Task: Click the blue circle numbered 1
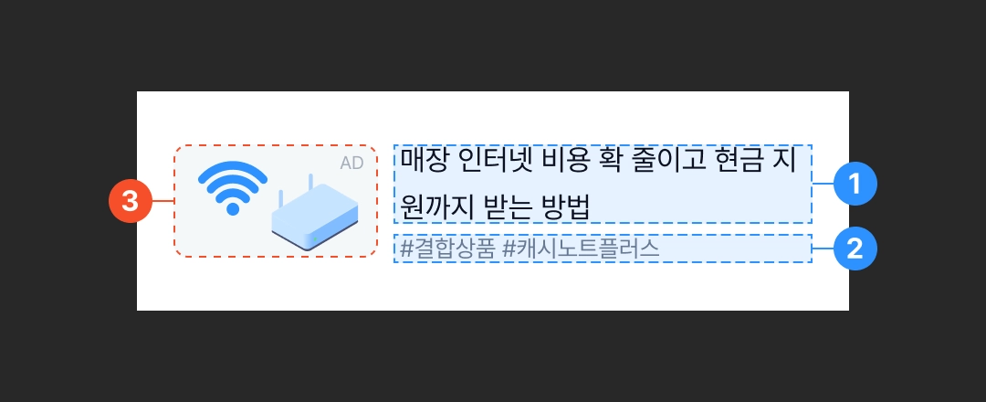[855, 184]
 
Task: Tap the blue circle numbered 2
[855, 249]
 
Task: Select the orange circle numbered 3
[130, 201]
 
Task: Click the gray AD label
[351, 163]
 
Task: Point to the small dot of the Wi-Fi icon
[233, 208]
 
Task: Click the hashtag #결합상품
[448, 249]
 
